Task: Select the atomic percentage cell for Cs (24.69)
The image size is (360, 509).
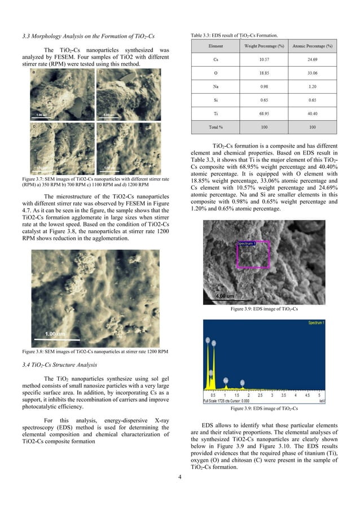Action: [x=312, y=59]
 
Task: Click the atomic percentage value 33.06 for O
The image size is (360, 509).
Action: [x=312, y=73]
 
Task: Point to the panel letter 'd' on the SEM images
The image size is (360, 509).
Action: [x=100, y=126]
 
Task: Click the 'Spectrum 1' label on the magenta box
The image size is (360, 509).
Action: [x=246, y=243]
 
